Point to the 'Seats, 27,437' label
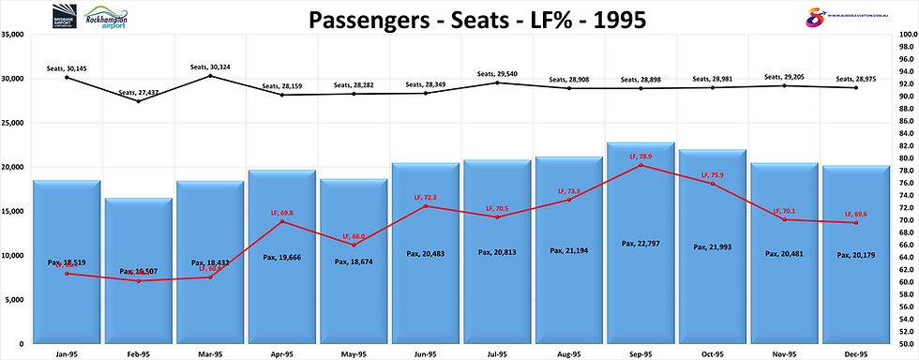tap(139, 92)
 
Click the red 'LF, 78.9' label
tap(640, 157)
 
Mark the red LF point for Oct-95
tap(712, 184)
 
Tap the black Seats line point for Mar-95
tap(210, 76)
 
